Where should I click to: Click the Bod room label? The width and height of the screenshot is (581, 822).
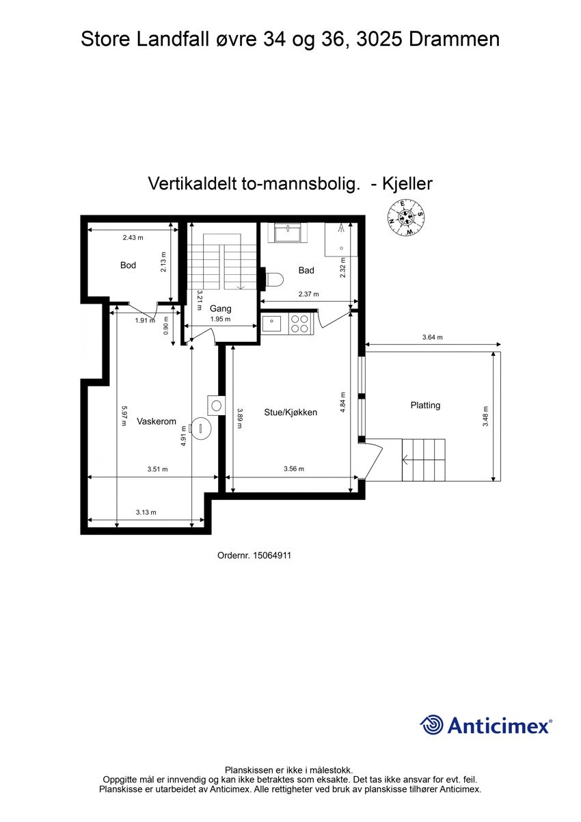click(128, 265)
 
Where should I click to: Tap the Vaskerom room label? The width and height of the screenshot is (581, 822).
click(157, 421)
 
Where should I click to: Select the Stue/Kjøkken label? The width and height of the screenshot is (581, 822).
click(290, 412)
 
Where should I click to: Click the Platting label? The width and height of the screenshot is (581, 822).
click(425, 405)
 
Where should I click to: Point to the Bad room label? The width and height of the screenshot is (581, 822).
click(306, 271)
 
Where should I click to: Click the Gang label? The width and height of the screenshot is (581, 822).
click(220, 308)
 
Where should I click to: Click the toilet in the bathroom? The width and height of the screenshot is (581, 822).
click(273, 279)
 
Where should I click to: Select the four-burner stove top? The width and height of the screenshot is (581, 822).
click(299, 323)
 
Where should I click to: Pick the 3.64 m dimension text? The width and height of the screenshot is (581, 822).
click(432, 337)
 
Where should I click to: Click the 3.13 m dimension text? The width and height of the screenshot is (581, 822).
click(146, 512)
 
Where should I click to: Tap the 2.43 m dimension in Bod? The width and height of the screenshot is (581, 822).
click(133, 237)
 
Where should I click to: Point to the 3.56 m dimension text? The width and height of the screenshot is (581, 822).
click(293, 469)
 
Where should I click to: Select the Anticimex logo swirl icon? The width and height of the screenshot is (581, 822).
click(431, 725)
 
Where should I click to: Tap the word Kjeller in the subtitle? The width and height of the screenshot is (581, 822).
click(408, 183)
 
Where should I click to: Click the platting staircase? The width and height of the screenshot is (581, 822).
click(423, 460)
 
